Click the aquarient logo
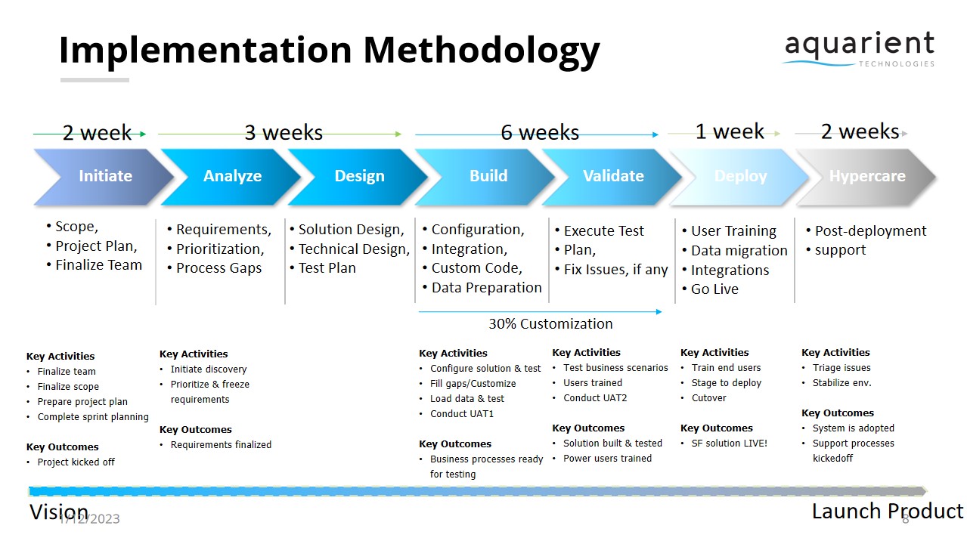(x=859, y=48)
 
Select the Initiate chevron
(x=105, y=176)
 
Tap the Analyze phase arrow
(x=232, y=176)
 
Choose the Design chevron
(x=359, y=176)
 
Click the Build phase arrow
(x=488, y=176)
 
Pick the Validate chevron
(x=613, y=176)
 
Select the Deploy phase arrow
(x=740, y=176)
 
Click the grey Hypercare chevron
(x=867, y=176)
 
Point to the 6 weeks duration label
(x=540, y=133)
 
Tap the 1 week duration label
(x=730, y=131)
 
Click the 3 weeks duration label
(x=284, y=133)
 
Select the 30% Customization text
(x=550, y=323)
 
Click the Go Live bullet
(x=714, y=289)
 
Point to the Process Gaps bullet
(x=219, y=268)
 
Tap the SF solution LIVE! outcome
(x=729, y=444)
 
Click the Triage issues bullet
(x=841, y=368)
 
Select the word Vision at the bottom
(x=58, y=512)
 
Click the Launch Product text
(x=887, y=512)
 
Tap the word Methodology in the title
(x=481, y=50)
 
